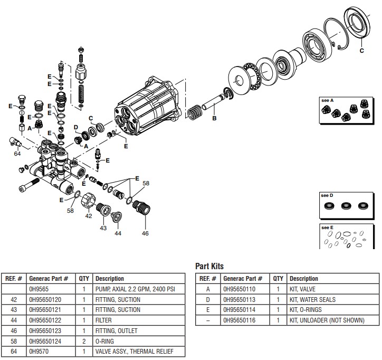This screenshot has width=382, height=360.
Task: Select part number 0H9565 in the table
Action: [x=39, y=289]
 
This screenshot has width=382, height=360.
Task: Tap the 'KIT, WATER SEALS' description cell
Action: [x=312, y=300]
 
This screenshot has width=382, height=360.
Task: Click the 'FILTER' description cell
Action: [x=104, y=321]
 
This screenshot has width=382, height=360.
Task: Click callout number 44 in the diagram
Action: [x=118, y=232]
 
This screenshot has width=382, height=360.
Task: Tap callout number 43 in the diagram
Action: [x=102, y=228]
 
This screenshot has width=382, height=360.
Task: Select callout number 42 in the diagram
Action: [x=89, y=215]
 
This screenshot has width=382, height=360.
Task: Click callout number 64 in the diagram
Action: [x=17, y=154]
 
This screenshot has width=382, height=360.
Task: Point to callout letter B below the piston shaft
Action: [x=214, y=118]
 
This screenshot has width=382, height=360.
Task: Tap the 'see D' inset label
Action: [x=328, y=195]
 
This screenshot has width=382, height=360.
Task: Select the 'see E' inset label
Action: [x=328, y=228]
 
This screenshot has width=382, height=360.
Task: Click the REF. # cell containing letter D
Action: [x=207, y=300]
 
